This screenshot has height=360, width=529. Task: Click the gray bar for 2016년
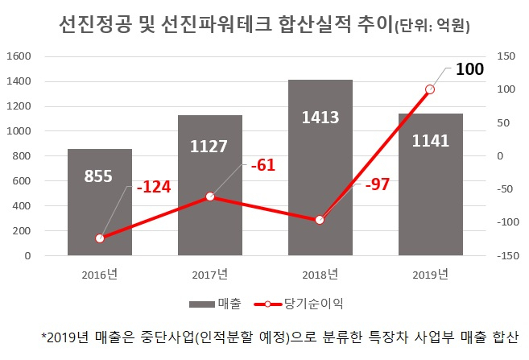[100, 202]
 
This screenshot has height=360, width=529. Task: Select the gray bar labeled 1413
[320, 168]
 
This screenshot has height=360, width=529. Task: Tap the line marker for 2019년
[430, 89]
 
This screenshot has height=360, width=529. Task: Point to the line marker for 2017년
[210, 197]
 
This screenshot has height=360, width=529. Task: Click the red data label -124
[154, 187]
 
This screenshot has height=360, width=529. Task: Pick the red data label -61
[263, 165]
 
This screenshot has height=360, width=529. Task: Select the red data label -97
[378, 184]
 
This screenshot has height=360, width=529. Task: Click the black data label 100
[469, 68]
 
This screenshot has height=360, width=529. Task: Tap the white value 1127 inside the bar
[209, 146]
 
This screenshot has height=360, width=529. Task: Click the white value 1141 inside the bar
[431, 141]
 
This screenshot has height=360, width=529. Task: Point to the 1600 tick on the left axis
[19, 56]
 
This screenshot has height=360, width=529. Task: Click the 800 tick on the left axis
[22, 156]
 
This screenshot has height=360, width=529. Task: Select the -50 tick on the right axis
[505, 189]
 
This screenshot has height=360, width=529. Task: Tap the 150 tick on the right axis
[506, 56]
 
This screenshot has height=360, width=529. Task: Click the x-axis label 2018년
[320, 275]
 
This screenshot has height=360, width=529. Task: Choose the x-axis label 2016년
[100, 275]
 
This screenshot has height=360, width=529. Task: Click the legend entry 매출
[216, 304]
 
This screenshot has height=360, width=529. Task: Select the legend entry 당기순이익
[299, 304]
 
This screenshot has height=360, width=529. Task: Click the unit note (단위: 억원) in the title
[432, 26]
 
